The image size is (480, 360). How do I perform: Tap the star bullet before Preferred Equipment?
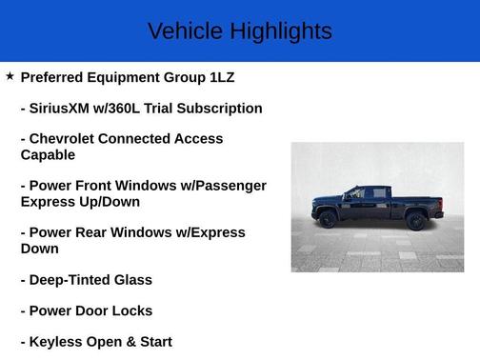pyautogui.click(x=10, y=75)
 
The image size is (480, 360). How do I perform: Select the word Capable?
pyautogui.click(x=48, y=154)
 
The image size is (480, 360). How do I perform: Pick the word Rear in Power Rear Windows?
pyautogui.click(x=96, y=232)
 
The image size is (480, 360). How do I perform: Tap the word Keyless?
pyautogui.click(x=58, y=341)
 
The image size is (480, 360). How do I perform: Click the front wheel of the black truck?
pyautogui.click(x=329, y=219)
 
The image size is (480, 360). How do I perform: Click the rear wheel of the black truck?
pyautogui.click(x=415, y=220)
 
